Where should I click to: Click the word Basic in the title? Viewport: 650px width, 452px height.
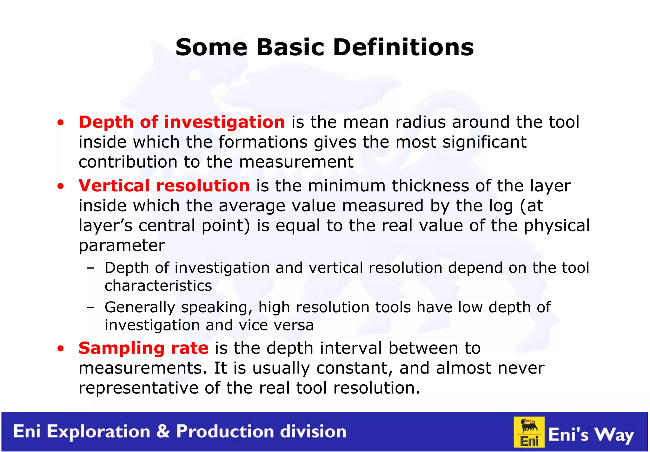[290, 47]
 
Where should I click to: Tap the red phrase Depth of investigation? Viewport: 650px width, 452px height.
[182, 122]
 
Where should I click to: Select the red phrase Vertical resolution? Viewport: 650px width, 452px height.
[164, 186]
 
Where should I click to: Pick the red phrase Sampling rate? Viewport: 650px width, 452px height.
[143, 348]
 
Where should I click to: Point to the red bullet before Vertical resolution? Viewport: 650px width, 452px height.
[61, 187]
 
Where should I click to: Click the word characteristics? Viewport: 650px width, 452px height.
[158, 286]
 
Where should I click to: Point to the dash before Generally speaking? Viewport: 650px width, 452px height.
[90, 308]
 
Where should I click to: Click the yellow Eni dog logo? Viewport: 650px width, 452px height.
[529, 432]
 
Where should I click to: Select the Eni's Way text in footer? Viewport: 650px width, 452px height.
[591, 435]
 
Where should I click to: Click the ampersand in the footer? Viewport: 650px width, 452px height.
[163, 431]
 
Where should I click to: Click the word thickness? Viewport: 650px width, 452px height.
[430, 186]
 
